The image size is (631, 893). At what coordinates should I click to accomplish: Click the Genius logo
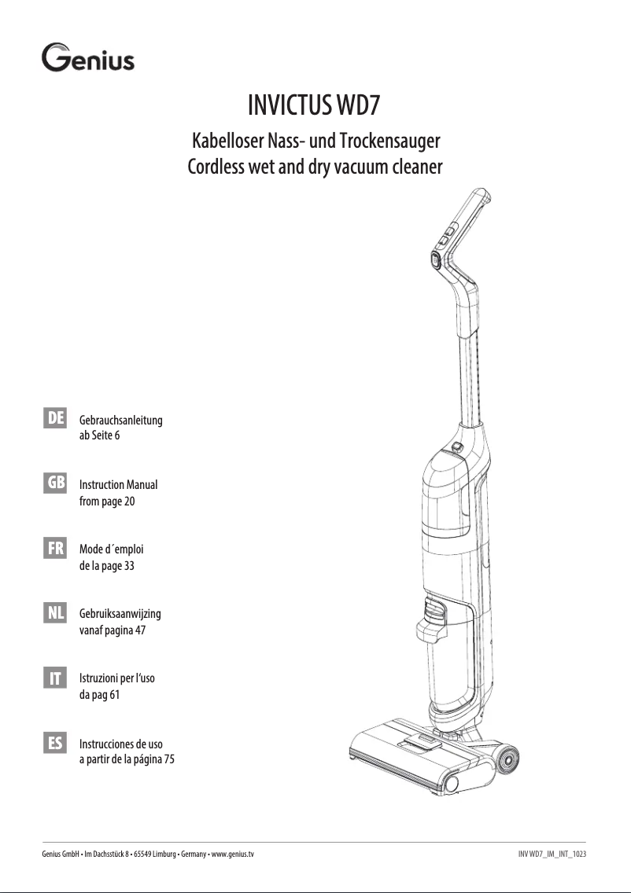click(87, 59)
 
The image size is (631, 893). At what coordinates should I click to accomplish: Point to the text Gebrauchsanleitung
click(121, 421)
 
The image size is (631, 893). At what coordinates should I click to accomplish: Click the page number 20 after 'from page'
click(130, 502)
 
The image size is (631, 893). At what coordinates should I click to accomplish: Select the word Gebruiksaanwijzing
click(120, 613)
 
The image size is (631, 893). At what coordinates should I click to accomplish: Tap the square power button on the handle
click(435, 258)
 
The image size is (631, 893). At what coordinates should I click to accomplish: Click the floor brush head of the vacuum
click(409, 759)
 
